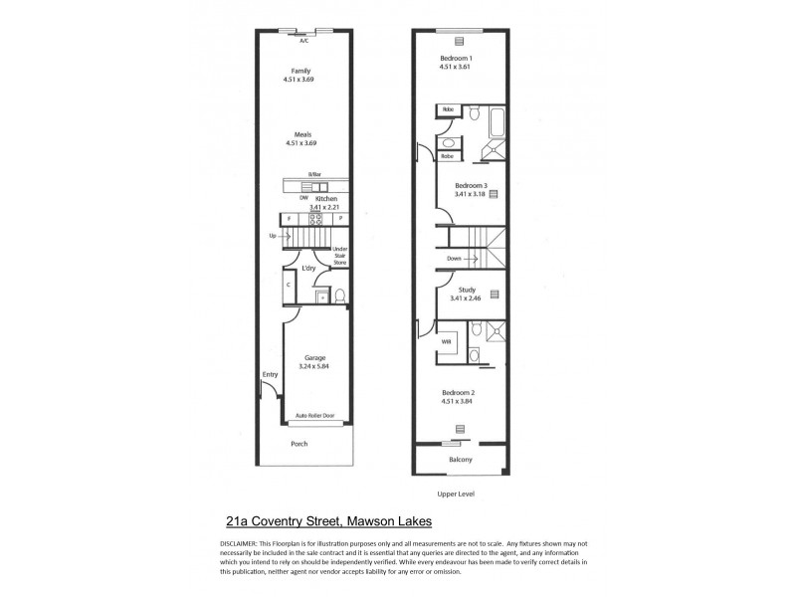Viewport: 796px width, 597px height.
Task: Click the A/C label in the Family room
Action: click(x=303, y=40)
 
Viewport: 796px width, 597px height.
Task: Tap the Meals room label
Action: click(x=302, y=135)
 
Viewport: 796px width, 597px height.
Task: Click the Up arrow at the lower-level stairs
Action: click(x=278, y=236)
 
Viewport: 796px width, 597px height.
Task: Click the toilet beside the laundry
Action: click(x=339, y=295)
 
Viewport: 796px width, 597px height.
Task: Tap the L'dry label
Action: click(x=309, y=269)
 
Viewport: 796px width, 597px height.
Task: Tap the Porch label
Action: click(x=298, y=445)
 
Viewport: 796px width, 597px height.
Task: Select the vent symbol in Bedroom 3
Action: click(x=492, y=196)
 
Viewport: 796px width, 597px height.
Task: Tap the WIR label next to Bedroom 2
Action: click(x=447, y=342)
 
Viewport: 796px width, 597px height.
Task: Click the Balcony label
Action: click(x=459, y=460)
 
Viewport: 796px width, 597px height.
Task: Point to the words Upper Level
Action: click(x=459, y=494)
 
